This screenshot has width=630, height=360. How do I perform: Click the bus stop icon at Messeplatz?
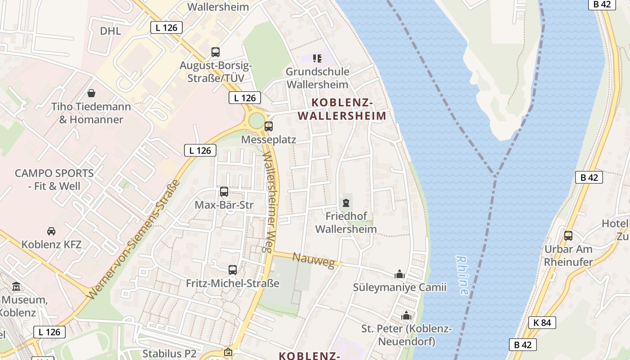click(269, 126)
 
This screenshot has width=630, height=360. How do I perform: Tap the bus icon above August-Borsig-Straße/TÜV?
click(216, 52)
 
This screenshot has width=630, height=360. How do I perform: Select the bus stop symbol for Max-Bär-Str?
click(224, 192)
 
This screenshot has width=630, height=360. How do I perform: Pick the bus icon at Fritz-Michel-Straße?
click(233, 270)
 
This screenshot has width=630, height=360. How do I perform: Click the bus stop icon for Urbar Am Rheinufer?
click(568, 235)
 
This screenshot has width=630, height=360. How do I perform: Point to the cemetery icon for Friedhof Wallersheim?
click(346, 203)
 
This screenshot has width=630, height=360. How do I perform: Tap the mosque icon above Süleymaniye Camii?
click(399, 274)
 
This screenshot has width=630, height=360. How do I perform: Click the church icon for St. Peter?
click(406, 315)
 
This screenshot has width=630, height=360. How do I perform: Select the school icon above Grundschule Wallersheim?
click(317, 58)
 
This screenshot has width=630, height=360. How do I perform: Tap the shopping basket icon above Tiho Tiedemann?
click(91, 93)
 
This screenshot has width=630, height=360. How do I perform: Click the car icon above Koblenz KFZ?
click(51, 231)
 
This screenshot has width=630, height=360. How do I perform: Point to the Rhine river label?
click(462, 275)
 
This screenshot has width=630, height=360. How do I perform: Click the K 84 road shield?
click(542, 323)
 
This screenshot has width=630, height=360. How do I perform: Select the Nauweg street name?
click(314, 260)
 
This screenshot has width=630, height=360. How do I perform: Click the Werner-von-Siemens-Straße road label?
click(134, 239)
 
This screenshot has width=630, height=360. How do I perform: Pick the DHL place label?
click(110, 31)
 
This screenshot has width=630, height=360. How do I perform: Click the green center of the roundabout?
click(256, 121)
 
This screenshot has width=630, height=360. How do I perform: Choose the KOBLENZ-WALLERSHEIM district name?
click(342, 109)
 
